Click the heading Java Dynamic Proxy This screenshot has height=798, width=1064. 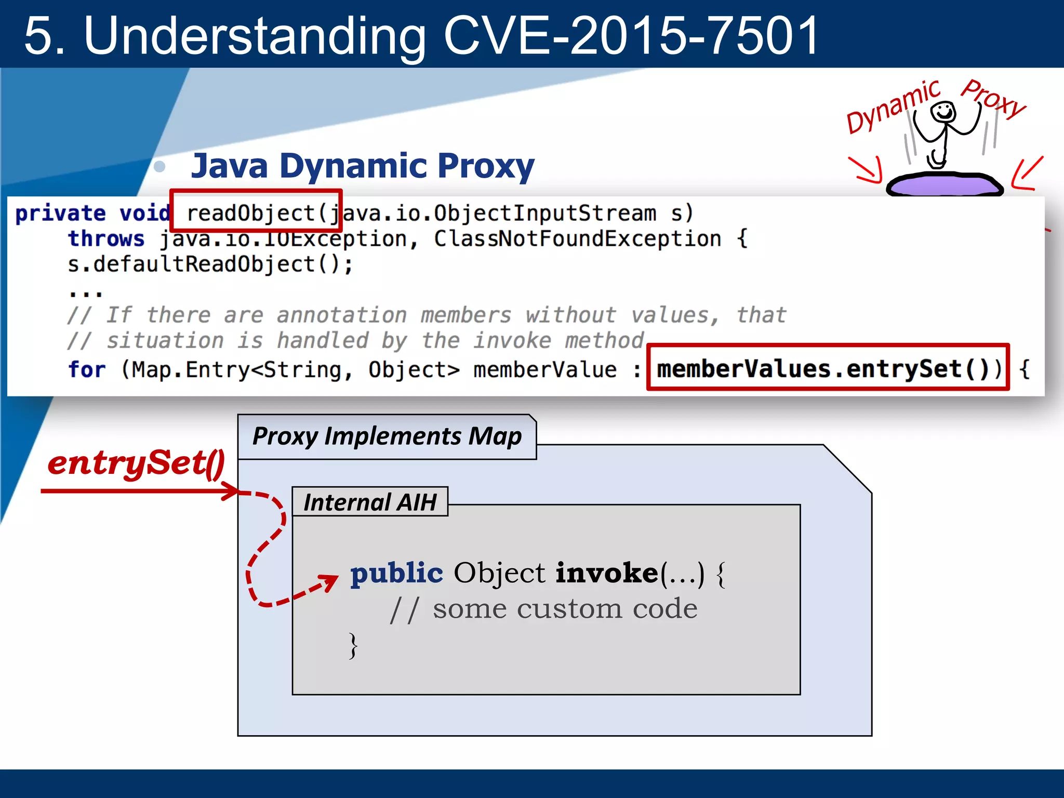click(363, 166)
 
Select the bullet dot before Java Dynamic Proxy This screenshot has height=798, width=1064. click(160, 167)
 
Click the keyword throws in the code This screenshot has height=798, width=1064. click(106, 238)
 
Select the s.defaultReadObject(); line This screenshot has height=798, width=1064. click(210, 264)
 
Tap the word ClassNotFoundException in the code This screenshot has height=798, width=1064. click(577, 238)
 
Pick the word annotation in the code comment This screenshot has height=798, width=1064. click(341, 315)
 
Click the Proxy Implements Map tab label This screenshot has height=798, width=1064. click(387, 436)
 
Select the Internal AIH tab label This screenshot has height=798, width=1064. click(369, 502)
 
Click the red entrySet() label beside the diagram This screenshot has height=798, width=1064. click(136, 462)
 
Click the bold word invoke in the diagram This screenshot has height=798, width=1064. click(607, 573)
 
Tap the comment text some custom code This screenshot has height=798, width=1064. click(565, 608)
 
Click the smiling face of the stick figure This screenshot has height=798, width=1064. click(942, 112)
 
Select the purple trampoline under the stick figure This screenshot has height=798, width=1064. click(943, 184)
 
